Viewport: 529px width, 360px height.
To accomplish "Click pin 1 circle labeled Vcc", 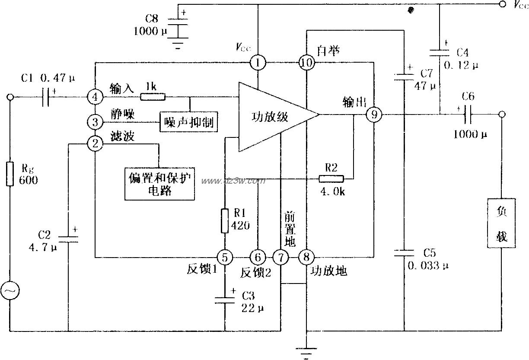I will click(x=258, y=63).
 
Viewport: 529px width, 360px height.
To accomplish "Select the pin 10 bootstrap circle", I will click(x=306, y=63).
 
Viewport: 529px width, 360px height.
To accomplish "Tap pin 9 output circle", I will click(x=374, y=115).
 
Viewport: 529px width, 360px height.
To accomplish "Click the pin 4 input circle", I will click(x=95, y=96).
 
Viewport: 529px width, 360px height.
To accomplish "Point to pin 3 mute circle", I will click(x=95, y=120).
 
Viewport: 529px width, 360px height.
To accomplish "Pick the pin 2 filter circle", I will click(x=95, y=143).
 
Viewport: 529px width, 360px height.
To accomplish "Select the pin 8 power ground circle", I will click(x=306, y=258).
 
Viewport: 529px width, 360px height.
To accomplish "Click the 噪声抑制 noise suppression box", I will click(x=189, y=121).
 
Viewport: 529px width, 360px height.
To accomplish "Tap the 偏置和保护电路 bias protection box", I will click(x=160, y=184).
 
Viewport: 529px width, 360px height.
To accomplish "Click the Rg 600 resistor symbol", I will click(x=10, y=174).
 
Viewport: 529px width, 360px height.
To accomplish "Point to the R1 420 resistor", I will click(x=225, y=220).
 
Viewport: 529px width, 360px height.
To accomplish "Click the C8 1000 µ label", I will click(x=146, y=25).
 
